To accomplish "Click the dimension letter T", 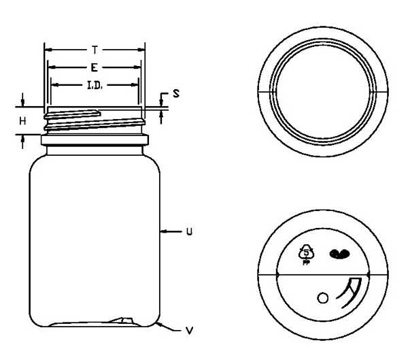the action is click(x=95, y=50).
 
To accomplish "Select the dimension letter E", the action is click(x=95, y=68).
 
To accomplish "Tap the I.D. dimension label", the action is click(x=95, y=85).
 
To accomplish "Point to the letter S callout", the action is click(x=176, y=93).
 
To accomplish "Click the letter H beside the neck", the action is click(x=22, y=121).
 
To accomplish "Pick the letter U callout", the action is click(x=189, y=231).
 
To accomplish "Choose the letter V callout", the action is click(x=190, y=331).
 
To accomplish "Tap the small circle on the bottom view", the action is click(x=322, y=298).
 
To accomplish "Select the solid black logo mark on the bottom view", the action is click(x=339, y=254).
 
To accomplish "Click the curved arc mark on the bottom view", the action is click(x=350, y=293).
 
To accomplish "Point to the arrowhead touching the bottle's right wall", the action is click(x=163, y=231).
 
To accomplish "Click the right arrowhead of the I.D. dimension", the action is click(x=134, y=84).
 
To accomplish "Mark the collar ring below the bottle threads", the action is click(x=95, y=140).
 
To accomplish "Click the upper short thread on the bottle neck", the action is click(x=72, y=114).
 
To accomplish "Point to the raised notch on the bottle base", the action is click(x=122, y=321).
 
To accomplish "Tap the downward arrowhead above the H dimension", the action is click(x=22, y=103).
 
